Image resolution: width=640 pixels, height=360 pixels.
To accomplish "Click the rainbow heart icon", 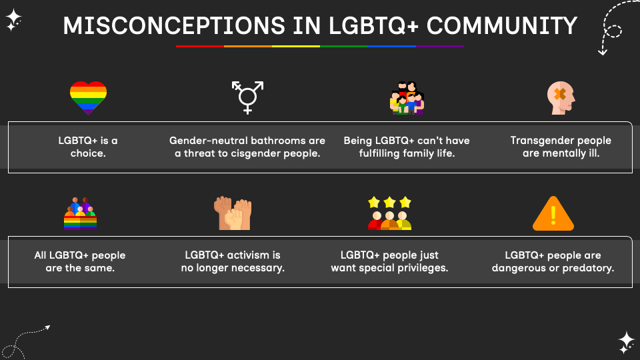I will (88, 97).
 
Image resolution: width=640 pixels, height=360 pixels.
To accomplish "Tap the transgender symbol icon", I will (247, 97).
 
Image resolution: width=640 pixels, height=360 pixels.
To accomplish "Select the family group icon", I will (407, 98).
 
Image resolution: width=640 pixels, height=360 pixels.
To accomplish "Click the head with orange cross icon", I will (560, 98).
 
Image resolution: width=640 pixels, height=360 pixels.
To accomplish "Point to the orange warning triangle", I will (553, 214).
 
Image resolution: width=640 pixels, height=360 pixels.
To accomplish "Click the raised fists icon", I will (233, 213).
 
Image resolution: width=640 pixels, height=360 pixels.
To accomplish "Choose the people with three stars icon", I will (389, 213).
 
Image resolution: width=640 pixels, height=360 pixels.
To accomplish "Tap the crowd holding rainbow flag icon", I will (80, 213).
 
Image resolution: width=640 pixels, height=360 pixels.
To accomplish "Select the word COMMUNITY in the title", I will (501, 26).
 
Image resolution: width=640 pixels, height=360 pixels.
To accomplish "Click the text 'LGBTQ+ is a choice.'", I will (88, 147).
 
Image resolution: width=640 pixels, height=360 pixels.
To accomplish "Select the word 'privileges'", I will (419, 268).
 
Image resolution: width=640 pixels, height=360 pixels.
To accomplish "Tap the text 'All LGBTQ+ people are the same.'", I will (80, 261).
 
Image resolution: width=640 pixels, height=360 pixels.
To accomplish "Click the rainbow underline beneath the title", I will (319, 46).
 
